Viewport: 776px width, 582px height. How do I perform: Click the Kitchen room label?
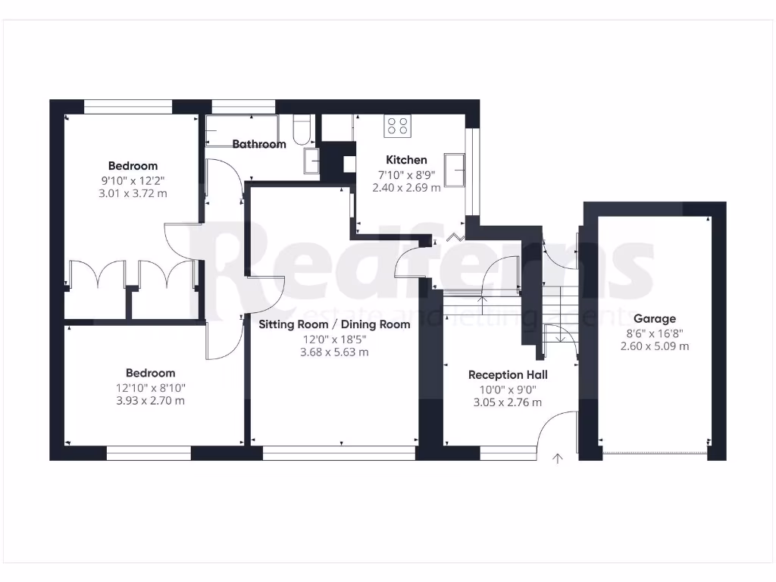406,160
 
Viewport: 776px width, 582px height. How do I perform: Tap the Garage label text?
655,319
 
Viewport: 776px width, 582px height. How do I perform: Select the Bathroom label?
259,144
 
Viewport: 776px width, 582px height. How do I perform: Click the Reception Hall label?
508,374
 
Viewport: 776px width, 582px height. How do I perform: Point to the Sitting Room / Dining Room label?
334,324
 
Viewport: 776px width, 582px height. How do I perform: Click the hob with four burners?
397,126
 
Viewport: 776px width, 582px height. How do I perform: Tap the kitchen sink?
456,169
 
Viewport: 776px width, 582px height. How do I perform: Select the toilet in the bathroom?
301,131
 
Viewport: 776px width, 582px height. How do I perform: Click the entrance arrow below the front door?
559,458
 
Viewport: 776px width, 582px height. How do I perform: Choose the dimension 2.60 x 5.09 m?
655,346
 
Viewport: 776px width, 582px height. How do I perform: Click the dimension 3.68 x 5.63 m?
334,352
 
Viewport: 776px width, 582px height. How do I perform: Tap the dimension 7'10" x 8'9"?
406,175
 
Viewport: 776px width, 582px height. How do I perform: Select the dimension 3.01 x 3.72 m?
133,194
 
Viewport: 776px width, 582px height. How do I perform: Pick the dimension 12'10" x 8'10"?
150,388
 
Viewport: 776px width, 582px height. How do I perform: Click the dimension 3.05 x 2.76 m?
508,402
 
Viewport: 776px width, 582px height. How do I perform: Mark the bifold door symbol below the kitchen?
456,238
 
